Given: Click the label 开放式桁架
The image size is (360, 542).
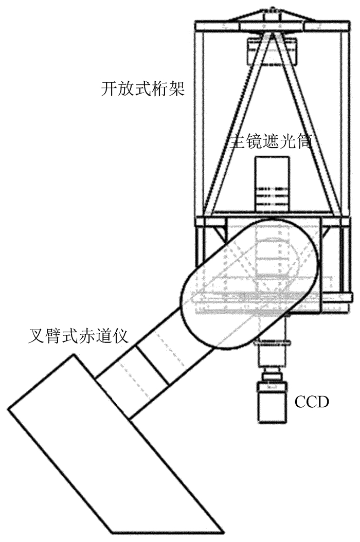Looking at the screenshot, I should [143, 91].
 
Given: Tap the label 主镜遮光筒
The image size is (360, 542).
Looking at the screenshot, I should [271, 142].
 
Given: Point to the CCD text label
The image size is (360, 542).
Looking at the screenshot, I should [311, 402].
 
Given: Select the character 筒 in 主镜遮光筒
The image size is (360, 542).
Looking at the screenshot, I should [304, 142].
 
